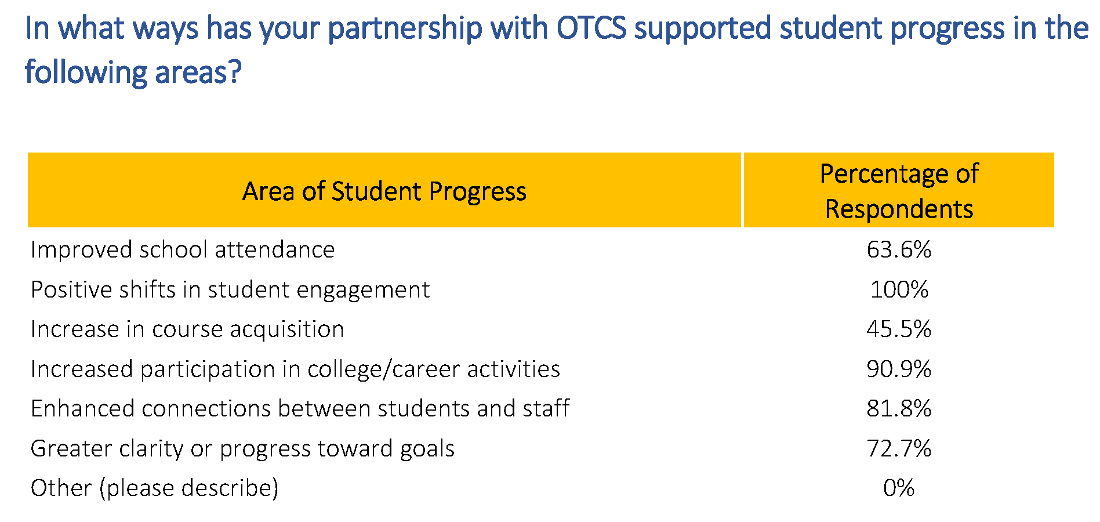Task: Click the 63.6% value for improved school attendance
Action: tap(899, 249)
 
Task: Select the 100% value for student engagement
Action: tap(899, 289)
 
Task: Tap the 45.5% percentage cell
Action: tap(899, 329)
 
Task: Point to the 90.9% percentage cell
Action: tap(899, 369)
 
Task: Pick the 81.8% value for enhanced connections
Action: tap(899, 408)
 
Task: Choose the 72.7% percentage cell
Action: tap(899, 448)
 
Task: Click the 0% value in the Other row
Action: tap(899, 488)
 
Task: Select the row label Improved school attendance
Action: tap(183, 250)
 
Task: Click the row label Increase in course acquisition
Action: tap(187, 329)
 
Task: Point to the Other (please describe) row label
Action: tap(155, 488)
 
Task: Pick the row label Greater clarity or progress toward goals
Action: tap(242, 449)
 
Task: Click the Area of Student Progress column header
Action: tap(384, 191)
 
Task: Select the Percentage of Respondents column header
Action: tap(899, 191)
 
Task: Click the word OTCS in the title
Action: tap(591, 28)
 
